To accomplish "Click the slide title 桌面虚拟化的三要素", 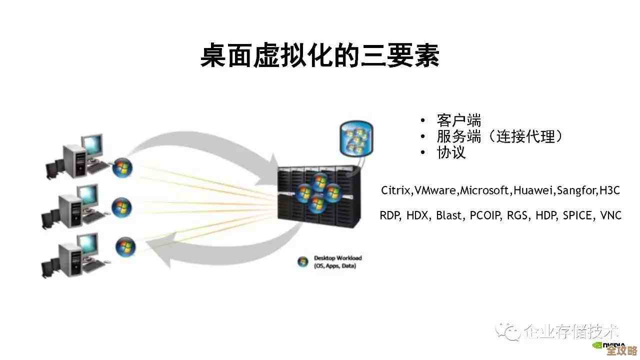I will pyautogui.click(x=320, y=55).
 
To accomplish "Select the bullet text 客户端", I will pyautogui.click(x=458, y=120).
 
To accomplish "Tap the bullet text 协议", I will pyautogui.click(x=451, y=152).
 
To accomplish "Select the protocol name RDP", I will pyautogui.click(x=390, y=215).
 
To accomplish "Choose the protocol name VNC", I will pyautogui.click(x=610, y=215).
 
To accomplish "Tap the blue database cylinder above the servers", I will pyautogui.click(x=355, y=137).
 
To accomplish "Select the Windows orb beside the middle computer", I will pyautogui.click(x=121, y=206).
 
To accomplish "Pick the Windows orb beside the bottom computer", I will pyautogui.click(x=125, y=246).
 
